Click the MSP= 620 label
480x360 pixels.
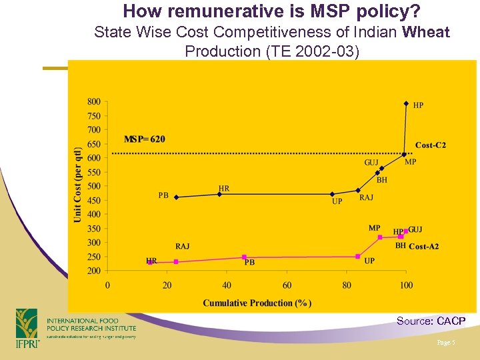145,139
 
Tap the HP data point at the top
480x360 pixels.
406,103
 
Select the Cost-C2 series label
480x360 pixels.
430,145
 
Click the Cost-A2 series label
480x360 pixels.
423,247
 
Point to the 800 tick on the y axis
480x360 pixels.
94,102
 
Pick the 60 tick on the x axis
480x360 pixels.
287,285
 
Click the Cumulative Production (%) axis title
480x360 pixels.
257,303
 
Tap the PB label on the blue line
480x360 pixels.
163,195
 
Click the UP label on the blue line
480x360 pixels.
337,201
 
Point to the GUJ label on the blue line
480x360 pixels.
371,163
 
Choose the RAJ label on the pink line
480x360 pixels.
182,247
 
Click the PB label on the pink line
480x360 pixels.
249,263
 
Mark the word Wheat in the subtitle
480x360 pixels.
426,32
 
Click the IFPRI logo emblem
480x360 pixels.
27,327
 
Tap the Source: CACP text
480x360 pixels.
431,321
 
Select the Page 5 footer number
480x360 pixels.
445,342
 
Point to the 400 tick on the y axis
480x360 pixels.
94,215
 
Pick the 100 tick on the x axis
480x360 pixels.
406,285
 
